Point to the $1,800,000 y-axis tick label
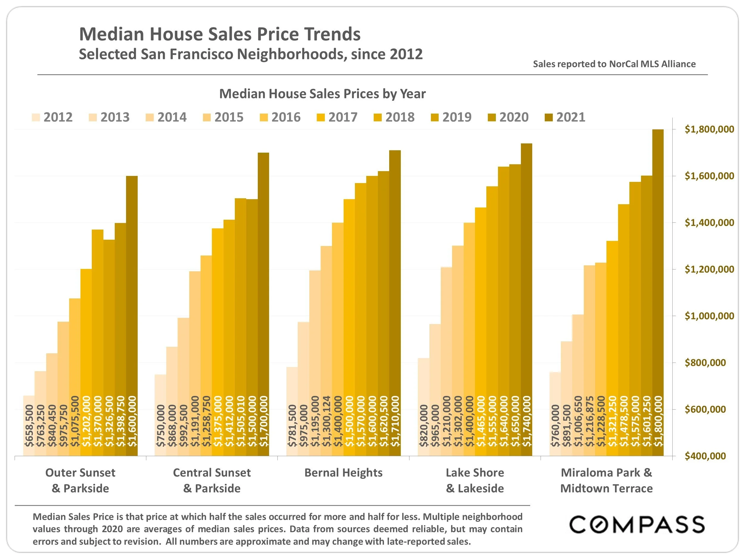(x=709, y=129)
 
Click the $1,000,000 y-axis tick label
(x=709, y=316)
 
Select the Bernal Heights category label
(x=343, y=473)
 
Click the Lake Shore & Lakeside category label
(x=475, y=480)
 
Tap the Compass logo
(x=637, y=525)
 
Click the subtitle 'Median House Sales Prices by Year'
(x=322, y=94)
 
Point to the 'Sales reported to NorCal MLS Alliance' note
(x=614, y=64)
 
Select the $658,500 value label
(x=29, y=425)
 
